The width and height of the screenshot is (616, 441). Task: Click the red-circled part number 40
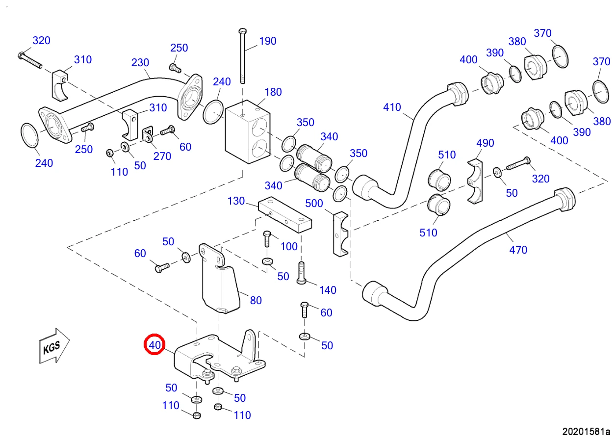point(154,345)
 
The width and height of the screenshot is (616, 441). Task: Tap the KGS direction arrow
point(54,346)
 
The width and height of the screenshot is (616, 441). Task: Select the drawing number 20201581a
point(586,432)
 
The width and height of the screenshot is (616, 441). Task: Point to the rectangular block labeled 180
point(248,132)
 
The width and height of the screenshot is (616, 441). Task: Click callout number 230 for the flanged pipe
point(140,62)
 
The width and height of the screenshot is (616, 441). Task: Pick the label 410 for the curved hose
point(392,107)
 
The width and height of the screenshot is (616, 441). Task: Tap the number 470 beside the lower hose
point(518,250)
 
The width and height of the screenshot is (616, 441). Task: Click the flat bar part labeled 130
point(285,214)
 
